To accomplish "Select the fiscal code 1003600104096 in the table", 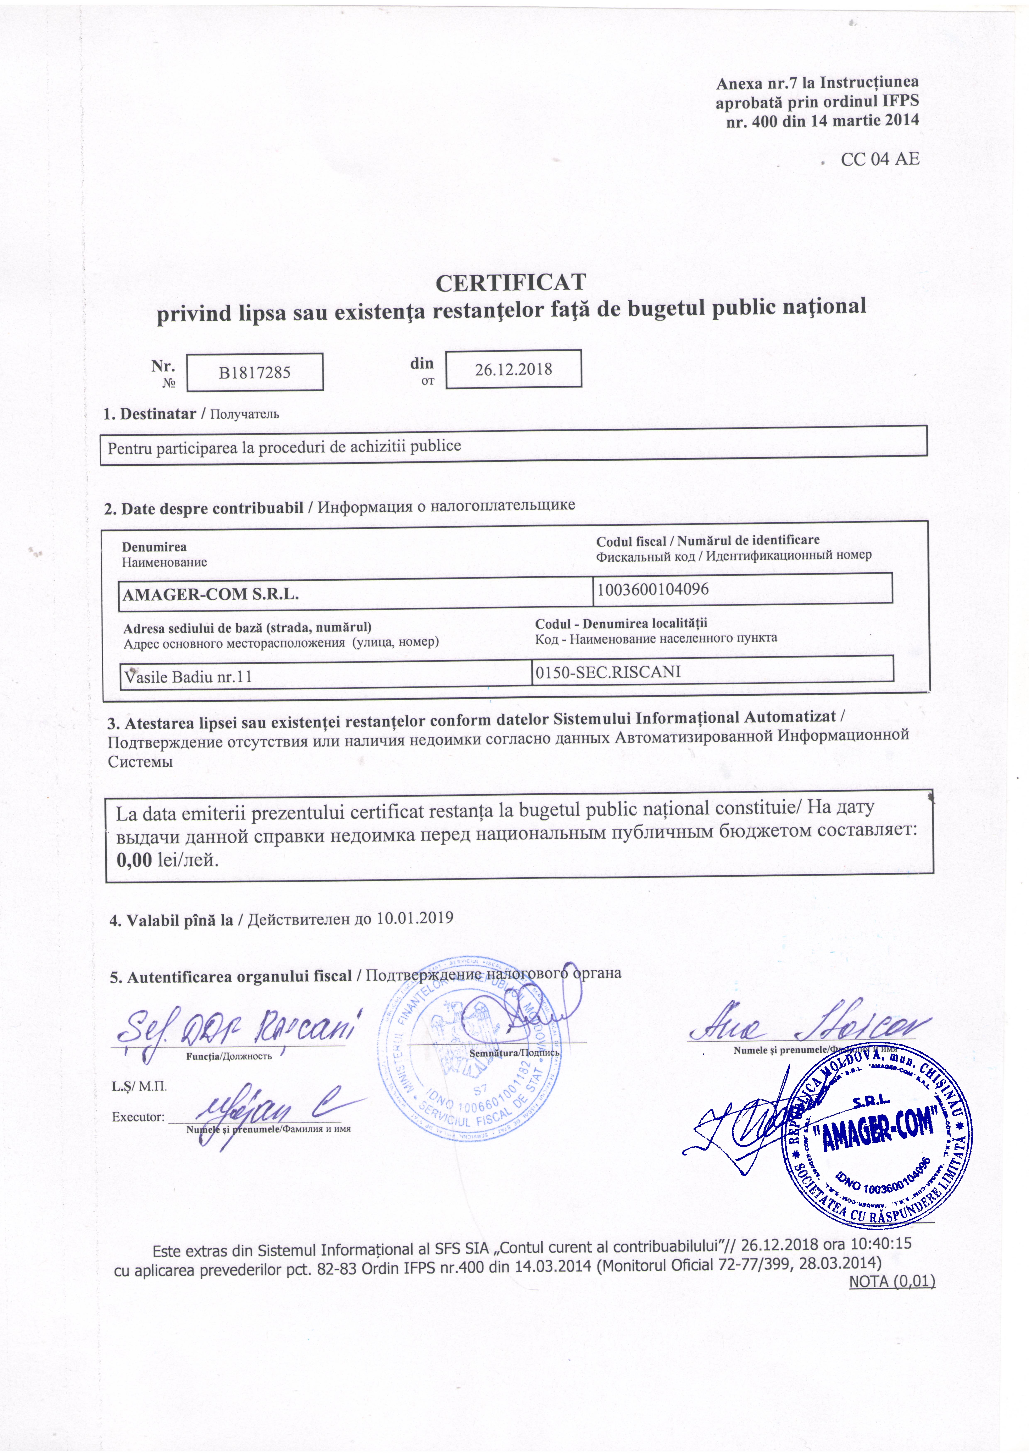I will (x=652, y=589).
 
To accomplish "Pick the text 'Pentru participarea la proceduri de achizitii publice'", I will (x=284, y=446).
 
